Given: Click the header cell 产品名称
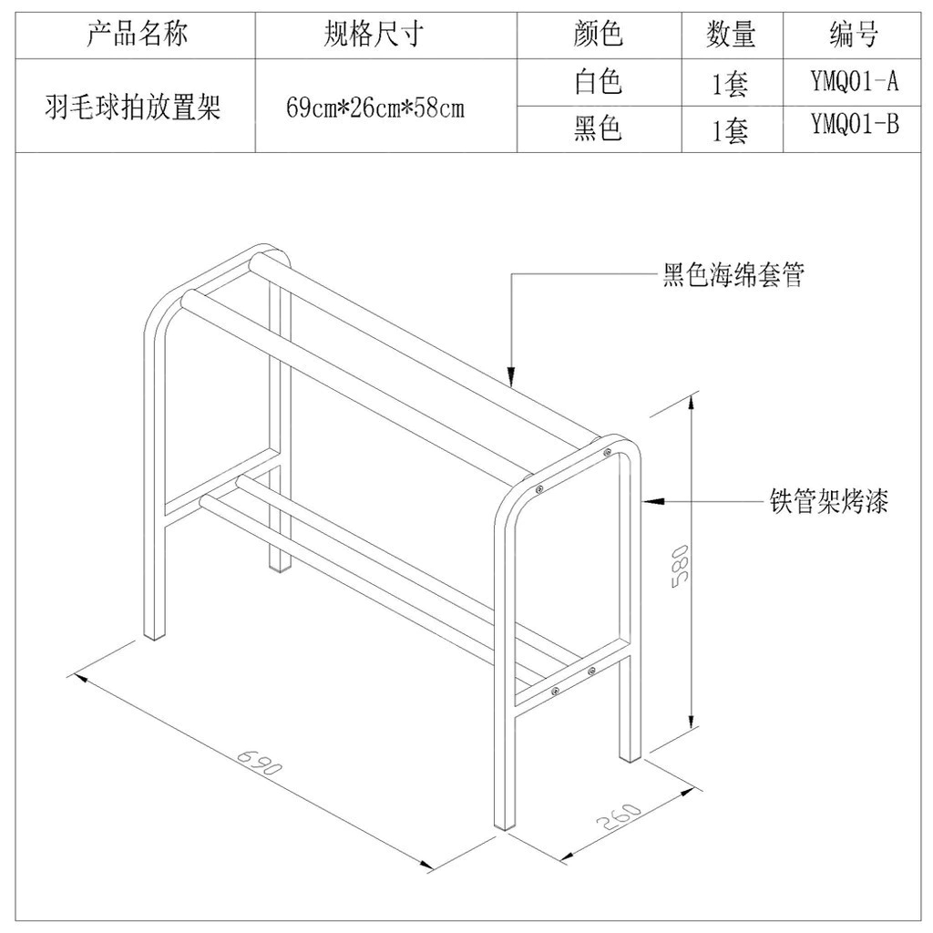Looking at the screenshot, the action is pos(137,36).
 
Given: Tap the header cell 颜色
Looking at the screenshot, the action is pos(599,36).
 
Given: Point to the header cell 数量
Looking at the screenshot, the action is pos(732,36).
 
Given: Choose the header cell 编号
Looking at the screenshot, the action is pos(854,36).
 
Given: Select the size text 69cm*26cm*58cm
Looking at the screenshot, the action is pos(375,108).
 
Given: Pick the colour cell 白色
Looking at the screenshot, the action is pos(599,83).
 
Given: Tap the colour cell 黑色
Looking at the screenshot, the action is pos(599,129).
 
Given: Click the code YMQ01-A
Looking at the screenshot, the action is pos(855,82).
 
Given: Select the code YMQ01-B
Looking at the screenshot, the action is pos(855,125).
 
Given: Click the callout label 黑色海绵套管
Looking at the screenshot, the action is pos(733,275).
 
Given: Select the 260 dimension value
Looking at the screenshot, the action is pos(620,818).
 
